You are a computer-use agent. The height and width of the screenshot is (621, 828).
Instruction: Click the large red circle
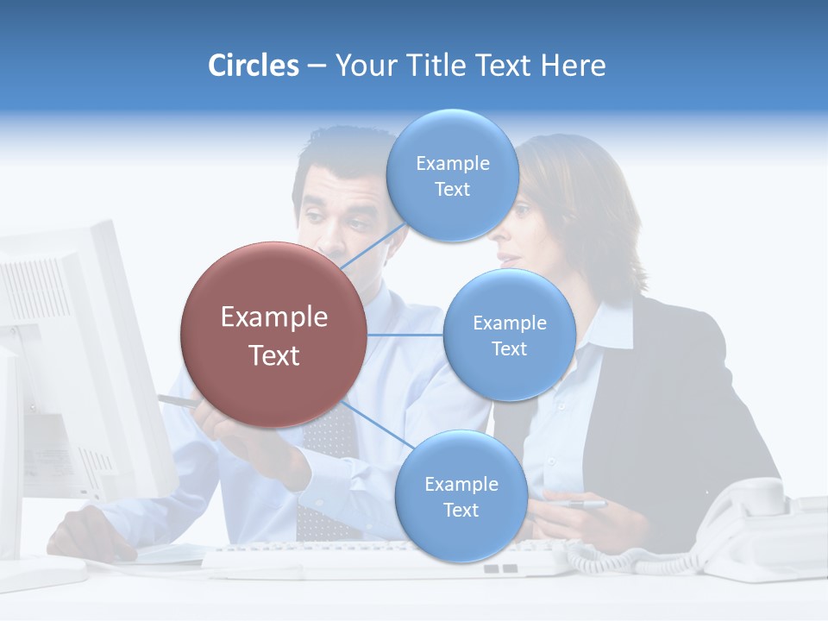274,335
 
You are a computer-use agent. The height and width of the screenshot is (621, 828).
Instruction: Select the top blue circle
452,176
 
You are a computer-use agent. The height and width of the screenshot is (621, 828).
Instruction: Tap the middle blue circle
509,335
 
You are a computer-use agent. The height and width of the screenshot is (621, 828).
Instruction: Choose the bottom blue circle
461,496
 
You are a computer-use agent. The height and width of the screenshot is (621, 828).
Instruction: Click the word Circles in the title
254,66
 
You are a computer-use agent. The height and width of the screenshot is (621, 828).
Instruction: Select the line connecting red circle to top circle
373,245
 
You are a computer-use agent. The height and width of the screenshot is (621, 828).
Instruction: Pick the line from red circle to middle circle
405,335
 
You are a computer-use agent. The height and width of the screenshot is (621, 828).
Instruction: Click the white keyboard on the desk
379,559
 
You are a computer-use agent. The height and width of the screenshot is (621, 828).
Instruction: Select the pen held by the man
177,401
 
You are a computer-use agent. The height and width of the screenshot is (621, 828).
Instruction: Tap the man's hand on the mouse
91,530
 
